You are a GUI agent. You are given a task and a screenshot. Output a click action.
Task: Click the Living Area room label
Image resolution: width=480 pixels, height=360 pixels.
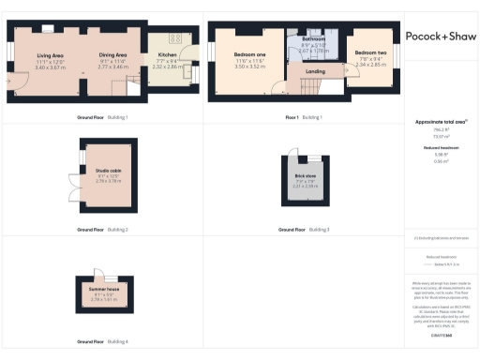pyautogui.click(x=49, y=55)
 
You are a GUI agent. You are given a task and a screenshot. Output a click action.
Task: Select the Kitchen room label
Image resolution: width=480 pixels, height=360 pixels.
pyautogui.click(x=170, y=55)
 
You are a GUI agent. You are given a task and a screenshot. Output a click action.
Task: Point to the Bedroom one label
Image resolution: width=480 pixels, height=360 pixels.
pyautogui.click(x=250, y=55)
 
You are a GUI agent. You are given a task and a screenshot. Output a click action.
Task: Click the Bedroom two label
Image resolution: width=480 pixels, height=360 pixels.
pyautogui.click(x=370, y=53)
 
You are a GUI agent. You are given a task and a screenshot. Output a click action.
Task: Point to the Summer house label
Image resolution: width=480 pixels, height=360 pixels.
pyautogui.click(x=106, y=290)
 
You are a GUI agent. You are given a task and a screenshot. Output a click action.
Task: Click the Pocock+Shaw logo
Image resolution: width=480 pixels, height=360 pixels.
pyautogui.click(x=440, y=36)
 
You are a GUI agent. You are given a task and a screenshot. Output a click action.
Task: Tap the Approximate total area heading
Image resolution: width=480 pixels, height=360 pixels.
pyautogui.click(x=439, y=122)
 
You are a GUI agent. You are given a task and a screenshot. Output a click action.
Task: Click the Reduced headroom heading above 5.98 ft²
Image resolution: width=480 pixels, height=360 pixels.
pyautogui.click(x=439, y=148)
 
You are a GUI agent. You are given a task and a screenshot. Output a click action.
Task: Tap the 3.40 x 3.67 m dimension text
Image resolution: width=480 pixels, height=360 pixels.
pyautogui.click(x=49, y=67)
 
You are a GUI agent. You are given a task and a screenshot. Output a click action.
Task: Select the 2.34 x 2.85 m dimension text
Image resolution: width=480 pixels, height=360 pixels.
pyautogui.click(x=370, y=65)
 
